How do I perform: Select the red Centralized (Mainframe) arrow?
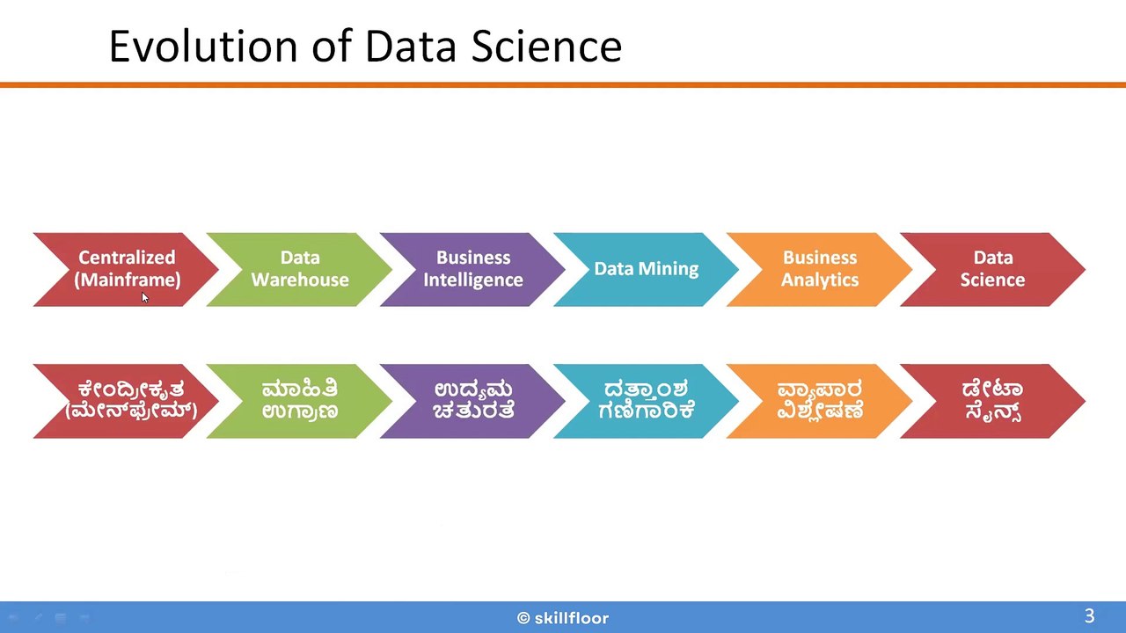(128, 269)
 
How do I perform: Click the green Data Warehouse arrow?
(300, 269)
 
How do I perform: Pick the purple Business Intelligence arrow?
(473, 269)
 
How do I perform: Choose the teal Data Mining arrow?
(647, 269)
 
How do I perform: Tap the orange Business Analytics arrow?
(819, 269)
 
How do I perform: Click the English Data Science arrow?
(992, 269)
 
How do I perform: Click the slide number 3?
(1089, 616)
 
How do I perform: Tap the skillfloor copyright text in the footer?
(563, 618)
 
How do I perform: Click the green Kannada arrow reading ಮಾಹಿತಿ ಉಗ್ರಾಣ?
(300, 400)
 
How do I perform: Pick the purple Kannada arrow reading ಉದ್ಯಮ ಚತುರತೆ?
(473, 400)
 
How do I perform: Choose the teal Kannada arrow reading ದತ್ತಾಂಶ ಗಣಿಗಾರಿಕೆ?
(647, 400)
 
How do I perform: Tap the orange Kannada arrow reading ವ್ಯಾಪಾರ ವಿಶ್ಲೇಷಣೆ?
(819, 400)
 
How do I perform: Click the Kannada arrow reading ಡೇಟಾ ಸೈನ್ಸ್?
(992, 400)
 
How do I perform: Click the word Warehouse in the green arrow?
(300, 280)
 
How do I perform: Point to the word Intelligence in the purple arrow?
(473, 280)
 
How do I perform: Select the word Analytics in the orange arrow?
(819, 280)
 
